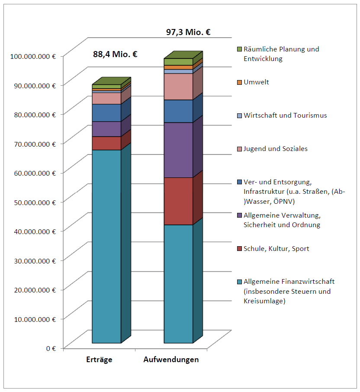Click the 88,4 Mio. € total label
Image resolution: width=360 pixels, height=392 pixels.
[115, 54]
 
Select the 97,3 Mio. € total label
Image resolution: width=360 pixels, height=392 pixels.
[188, 32]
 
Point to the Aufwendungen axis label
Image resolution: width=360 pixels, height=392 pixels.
[171, 360]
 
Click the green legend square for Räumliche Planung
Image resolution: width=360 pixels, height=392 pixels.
[239, 49]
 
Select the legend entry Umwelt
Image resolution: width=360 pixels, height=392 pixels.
[256, 82]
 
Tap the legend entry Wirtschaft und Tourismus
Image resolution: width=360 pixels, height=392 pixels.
[285, 115]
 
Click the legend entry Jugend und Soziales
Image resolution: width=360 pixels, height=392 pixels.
[275, 148]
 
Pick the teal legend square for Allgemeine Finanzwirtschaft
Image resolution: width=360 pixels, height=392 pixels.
[239, 282]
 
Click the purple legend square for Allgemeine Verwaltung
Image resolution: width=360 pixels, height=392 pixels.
[239, 215]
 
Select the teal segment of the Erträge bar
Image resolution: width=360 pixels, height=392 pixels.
[106, 247]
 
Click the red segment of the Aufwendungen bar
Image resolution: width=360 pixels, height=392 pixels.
[178, 201]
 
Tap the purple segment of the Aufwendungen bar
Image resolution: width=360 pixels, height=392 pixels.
[178, 150]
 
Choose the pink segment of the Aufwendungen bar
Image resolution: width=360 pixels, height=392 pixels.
[178, 87]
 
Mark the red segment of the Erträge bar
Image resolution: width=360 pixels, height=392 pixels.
[106, 143]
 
